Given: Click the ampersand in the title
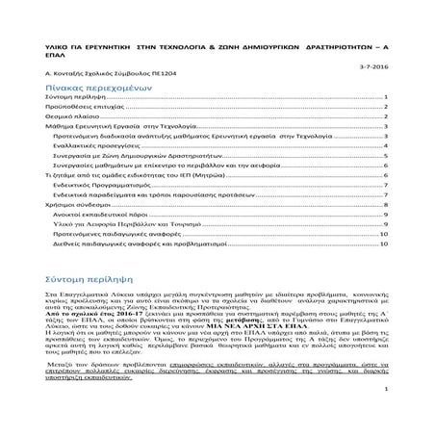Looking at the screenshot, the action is (x=207, y=44).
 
